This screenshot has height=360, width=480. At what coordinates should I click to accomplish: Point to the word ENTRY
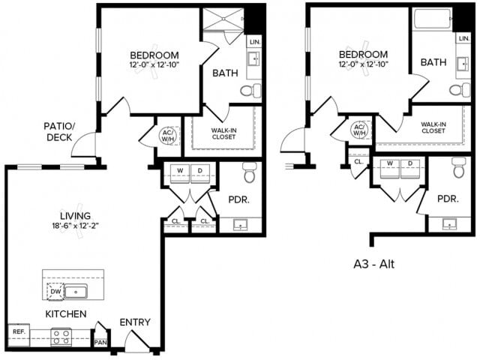[x=135, y=322]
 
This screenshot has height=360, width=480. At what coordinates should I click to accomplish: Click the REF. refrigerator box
[x=18, y=331]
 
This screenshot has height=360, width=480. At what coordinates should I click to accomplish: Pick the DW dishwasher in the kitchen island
[x=55, y=291]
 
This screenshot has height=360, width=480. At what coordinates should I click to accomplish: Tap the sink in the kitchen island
[x=76, y=291]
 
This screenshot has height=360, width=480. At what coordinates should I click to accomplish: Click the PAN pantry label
[x=100, y=342]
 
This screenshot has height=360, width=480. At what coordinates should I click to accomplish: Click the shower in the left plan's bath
[x=224, y=20]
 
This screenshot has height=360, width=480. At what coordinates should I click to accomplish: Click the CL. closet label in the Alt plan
[x=358, y=161]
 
